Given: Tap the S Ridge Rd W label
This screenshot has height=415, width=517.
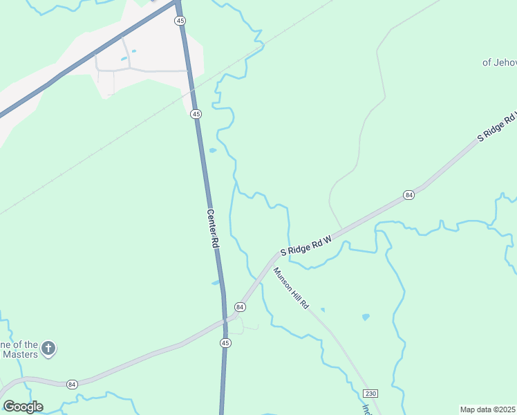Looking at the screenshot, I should click(306, 243).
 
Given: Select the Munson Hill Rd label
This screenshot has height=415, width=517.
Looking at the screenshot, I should click(291, 288).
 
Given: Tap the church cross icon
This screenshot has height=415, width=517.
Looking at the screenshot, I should click(48, 349).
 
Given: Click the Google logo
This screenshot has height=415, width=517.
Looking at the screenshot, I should click(23, 406).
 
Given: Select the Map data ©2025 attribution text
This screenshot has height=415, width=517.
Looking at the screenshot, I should click(487, 409).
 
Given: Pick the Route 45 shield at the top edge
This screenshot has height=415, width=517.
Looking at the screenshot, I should click(180, 21).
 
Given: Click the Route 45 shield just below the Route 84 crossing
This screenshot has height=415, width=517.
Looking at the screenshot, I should click(225, 343).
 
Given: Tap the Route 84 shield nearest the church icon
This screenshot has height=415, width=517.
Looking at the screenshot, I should click(73, 384).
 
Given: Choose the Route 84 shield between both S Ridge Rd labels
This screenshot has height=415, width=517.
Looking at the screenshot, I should click(409, 195).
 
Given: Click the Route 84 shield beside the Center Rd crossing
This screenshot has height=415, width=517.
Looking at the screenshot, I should click(240, 306).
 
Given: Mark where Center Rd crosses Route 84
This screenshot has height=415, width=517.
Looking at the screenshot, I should click(225, 320).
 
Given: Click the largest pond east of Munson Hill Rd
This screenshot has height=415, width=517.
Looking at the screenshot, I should click(366, 317).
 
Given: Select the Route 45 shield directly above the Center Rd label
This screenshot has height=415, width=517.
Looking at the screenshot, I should click(196, 113).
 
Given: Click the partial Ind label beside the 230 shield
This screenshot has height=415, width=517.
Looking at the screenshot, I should click(366, 408).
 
